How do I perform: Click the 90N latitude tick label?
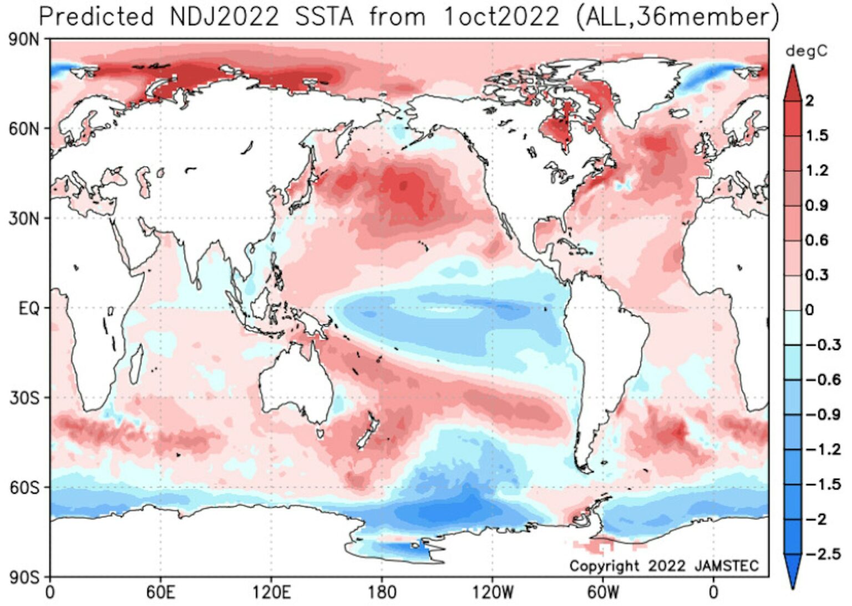click(x=24, y=39)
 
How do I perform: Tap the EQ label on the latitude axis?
click(x=29, y=309)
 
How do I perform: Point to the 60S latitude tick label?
click(x=24, y=488)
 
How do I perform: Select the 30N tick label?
click(x=24, y=220)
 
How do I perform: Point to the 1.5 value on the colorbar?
click(x=816, y=136)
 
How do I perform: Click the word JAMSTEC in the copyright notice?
click(x=727, y=566)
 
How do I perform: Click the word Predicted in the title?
click(x=96, y=17)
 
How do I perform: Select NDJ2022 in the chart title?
click(x=225, y=17)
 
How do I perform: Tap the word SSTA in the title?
click(x=324, y=17)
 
